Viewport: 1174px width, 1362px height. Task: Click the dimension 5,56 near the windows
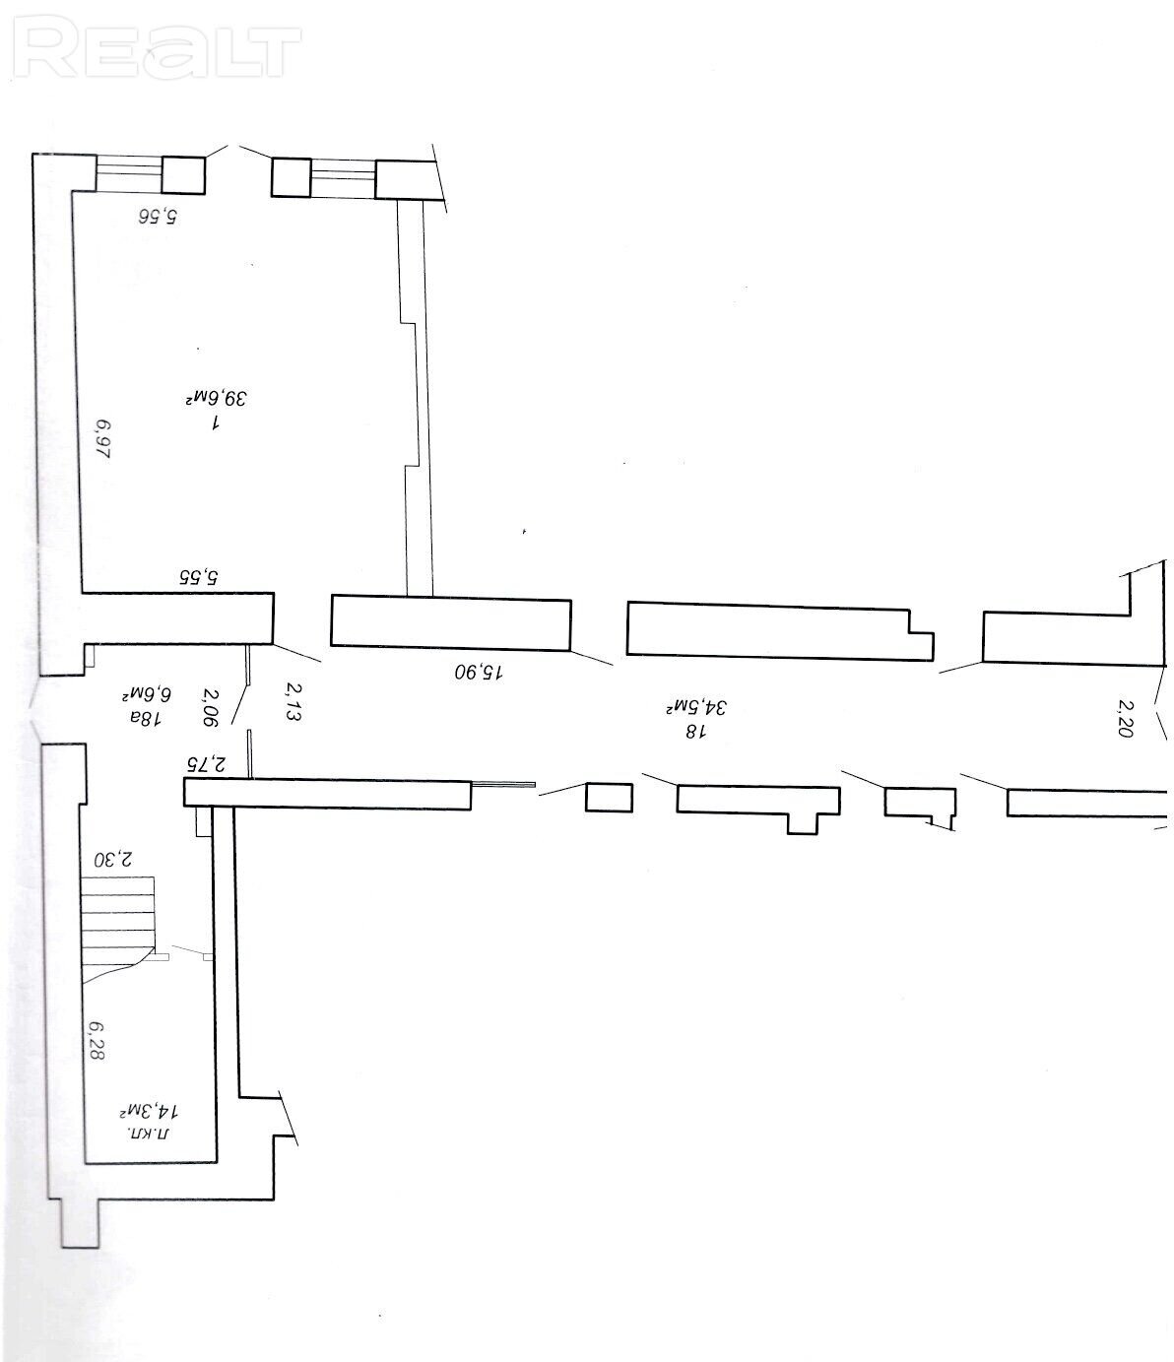coord(158,216)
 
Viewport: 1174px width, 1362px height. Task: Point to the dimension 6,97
coord(103,439)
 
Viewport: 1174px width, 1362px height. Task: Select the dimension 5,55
coord(200,576)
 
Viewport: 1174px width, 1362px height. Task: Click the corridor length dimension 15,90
coord(479,672)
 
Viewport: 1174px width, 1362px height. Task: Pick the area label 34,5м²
coord(695,707)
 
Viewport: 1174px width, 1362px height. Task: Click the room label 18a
coord(146,717)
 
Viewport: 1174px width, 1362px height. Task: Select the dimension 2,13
coord(293,702)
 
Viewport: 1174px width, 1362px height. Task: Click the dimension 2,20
coord(1125,718)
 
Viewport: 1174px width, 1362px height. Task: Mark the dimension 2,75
coord(206,763)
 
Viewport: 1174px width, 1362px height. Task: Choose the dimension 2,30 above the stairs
coord(112,859)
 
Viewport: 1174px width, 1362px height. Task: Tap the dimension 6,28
coord(97,1040)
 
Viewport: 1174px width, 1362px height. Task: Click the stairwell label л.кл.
coord(149,1135)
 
